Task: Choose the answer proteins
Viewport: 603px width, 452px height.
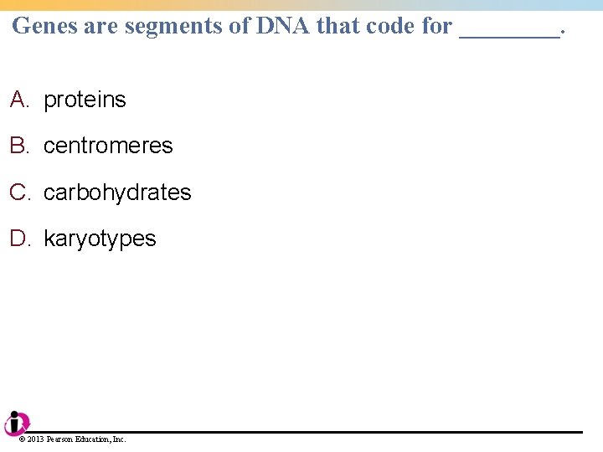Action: coord(85,100)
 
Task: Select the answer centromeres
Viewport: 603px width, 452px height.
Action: coord(108,146)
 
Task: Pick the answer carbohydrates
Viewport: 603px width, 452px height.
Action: coord(117,193)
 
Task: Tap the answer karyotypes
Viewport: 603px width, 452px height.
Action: coord(100,239)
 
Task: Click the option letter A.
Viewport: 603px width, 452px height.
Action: coord(18,100)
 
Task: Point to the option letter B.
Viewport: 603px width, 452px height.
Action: coord(18,146)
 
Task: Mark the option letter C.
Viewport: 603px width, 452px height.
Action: coord(19,193)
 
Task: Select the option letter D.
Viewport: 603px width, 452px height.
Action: coord(19,239)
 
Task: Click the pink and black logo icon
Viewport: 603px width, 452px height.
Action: coord(16,424)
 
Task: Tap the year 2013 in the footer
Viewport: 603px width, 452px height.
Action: coord(36,439)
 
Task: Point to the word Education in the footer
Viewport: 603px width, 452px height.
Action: coord(93,439)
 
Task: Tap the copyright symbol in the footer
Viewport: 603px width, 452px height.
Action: coord(22,439)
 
